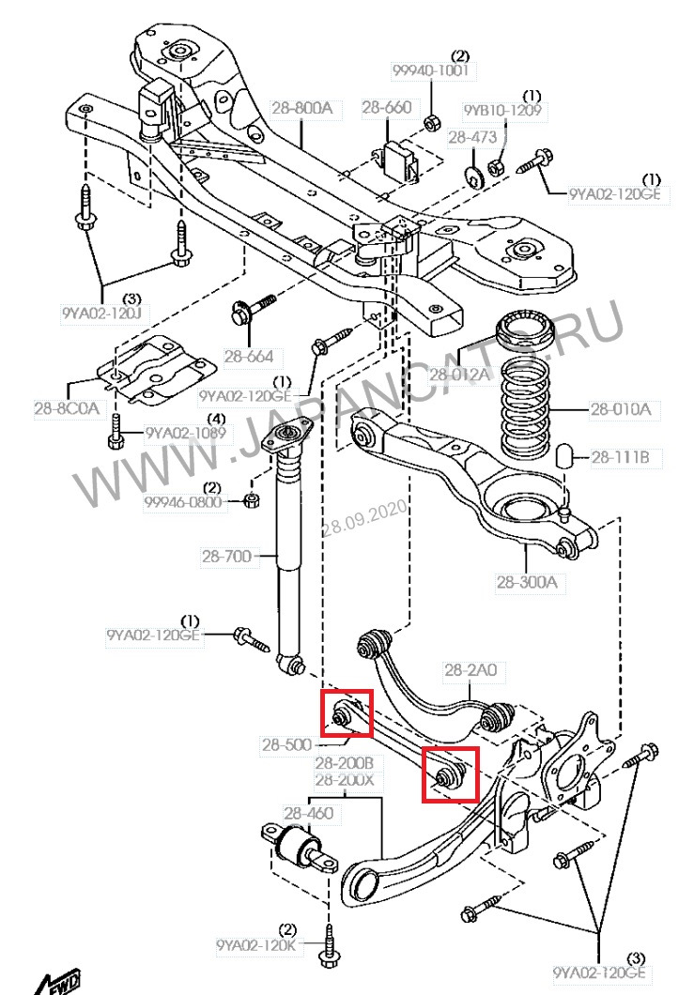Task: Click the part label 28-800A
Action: pos(301,108)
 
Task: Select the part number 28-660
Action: pos(387,108)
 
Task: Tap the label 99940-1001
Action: pos(431,71)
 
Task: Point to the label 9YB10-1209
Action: pos(502,111)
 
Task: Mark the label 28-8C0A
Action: pos(65,408)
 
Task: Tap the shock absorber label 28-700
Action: pos(226,557)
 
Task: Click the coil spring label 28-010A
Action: pos(620,409)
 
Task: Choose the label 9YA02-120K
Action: pos(255,945)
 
